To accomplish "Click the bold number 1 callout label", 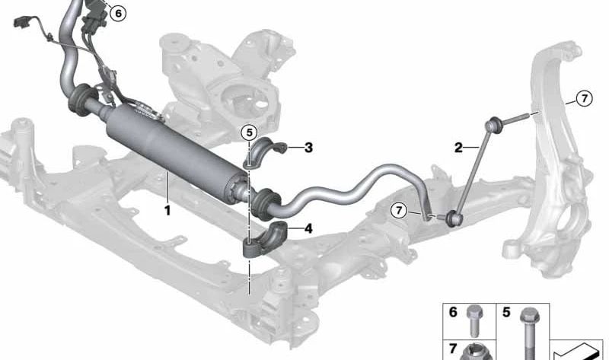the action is pos(167,211).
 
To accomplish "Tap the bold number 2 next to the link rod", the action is pos(459,148).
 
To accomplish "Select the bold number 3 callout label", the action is pos(308,148).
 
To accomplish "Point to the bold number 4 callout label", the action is pos(308,228).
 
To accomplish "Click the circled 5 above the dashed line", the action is pos(249,133).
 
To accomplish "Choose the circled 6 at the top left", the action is pos(118,14).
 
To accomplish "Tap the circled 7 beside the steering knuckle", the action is pos(584,99).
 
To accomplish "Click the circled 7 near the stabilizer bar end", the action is pos(399,211).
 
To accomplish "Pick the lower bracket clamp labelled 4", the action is pos(265,238).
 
